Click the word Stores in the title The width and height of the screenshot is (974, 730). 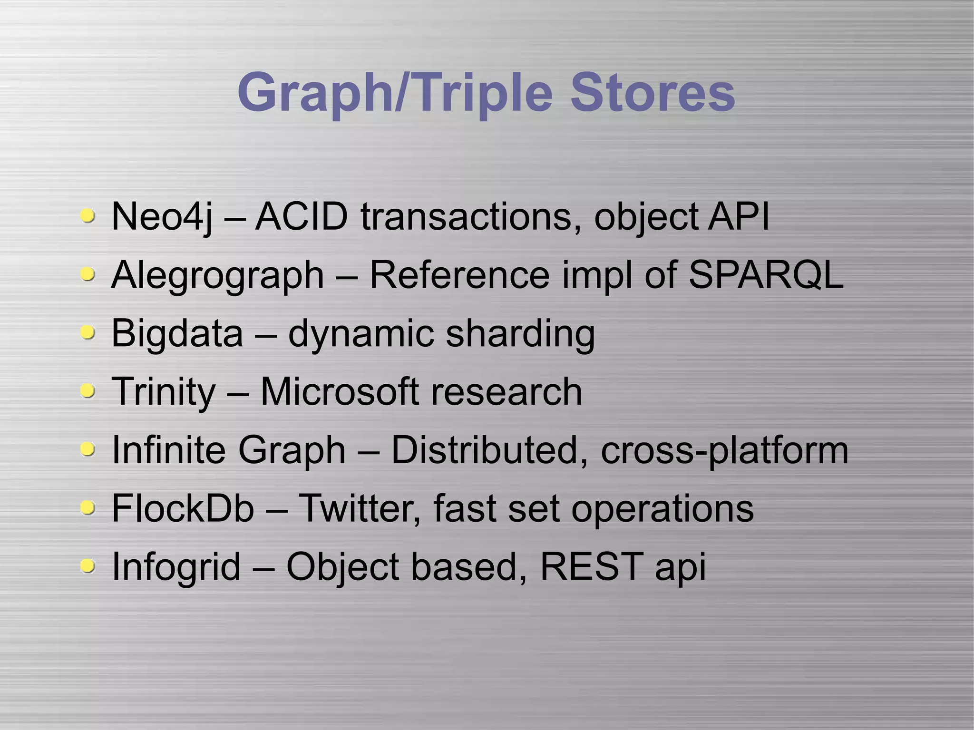point(653,92)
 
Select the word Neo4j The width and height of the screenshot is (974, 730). point(161,217)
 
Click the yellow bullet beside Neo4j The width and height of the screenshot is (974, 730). point(87,216)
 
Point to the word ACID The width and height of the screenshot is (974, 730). point(302,216)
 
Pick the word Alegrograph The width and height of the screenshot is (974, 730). point(217,276)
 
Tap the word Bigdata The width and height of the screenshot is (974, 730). point(177,333)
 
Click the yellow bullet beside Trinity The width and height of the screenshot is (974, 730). point(87,391)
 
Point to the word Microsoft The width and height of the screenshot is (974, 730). point(339,391)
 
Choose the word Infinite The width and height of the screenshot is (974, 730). point(168,449)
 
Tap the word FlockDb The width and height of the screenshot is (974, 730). point(183,508)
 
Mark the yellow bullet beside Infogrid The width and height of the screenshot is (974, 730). point(87,566)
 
